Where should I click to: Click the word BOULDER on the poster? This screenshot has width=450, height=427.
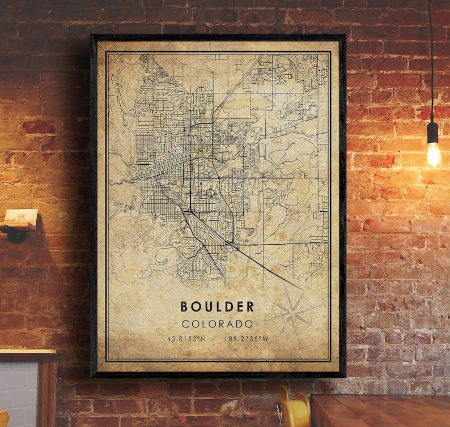point(217,307)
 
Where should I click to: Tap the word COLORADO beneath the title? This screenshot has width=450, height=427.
point(217,324)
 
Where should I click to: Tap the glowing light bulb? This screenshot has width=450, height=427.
point(434,153)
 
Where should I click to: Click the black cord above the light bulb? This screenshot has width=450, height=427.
point(431,57)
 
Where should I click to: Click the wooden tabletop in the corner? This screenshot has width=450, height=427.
point(380,411)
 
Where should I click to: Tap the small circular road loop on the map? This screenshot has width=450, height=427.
point(210,193)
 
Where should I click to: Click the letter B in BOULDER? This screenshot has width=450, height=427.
point(184,307)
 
